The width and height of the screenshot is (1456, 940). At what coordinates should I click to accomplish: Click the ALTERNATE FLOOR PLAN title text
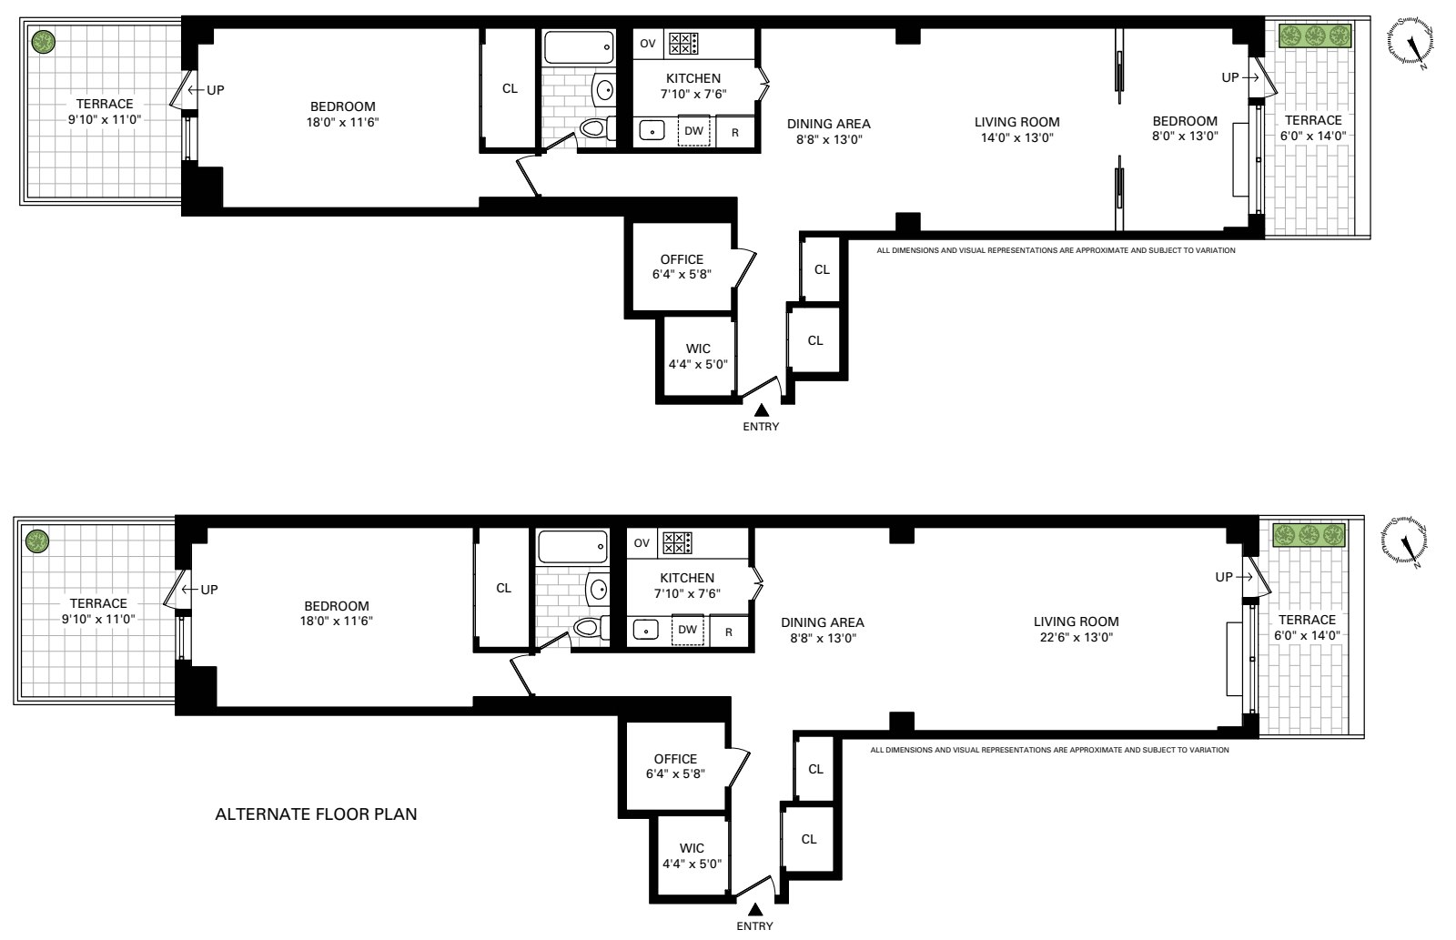[316, 814]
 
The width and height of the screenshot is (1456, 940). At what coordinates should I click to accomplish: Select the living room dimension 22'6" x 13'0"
[1076, 638]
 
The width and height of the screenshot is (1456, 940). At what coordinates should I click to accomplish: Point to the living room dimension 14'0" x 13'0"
[1016, 138]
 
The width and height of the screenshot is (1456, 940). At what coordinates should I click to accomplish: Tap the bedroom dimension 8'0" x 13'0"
[1184, 136]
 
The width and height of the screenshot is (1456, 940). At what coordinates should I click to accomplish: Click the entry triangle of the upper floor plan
[761, 411]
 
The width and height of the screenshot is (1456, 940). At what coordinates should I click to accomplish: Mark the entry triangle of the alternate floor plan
[754, 910]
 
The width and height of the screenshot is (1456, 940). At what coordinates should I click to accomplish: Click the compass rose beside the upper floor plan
[1410, 42]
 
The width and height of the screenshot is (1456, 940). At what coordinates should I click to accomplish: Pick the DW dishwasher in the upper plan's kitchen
[693, 131]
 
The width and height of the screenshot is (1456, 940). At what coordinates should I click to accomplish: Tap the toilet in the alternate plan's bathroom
[588, 627]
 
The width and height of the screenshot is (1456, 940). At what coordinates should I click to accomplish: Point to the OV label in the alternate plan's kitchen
[642, 543]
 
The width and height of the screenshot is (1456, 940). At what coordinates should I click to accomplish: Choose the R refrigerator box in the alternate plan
[729, 631]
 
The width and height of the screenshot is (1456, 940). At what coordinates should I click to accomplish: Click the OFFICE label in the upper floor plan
[682, 259]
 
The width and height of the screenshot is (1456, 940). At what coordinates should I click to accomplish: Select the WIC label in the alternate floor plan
[692, 848]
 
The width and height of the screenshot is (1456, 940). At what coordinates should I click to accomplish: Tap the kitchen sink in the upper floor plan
[652, 131]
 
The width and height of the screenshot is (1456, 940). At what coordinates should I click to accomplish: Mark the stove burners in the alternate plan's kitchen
[676, 543]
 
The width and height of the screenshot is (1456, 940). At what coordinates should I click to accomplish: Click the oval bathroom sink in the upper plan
[604, 88]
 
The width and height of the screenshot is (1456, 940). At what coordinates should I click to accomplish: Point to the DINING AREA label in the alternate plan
[822, 622]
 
